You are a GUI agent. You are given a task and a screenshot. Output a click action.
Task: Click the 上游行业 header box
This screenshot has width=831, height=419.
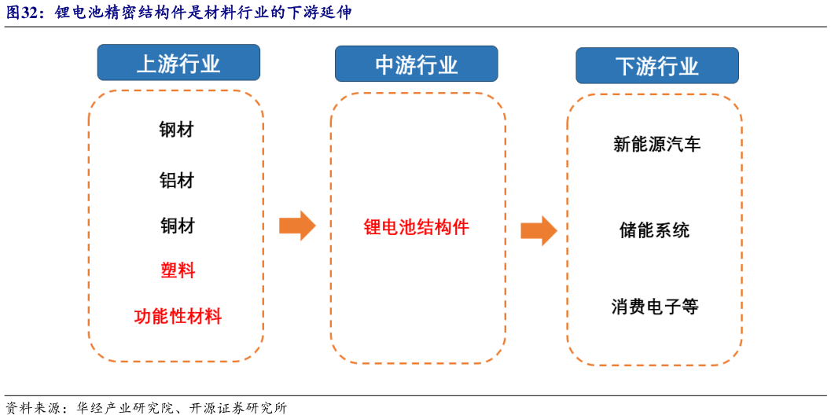coord(178,63)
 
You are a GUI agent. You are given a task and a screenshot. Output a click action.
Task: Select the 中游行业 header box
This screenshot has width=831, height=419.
coord(416,64)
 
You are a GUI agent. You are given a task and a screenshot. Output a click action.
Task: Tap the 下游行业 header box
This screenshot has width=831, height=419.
coord(656,66)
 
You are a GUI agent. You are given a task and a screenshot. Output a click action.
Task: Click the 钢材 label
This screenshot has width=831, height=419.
coord(176,129)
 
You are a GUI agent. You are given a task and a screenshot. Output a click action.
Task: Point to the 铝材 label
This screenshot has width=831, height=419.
coord(176,180)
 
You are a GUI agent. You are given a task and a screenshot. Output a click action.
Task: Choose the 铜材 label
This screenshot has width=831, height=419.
coord(177,226)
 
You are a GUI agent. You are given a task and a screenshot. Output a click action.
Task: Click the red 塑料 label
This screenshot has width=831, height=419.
coord(178,270)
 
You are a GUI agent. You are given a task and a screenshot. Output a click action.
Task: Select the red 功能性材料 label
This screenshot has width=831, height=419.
coord(178,316)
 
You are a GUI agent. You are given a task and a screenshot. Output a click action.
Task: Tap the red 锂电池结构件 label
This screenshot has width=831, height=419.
coord(416,227)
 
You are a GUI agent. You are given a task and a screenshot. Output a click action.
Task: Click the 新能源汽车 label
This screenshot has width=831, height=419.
coord(656,144)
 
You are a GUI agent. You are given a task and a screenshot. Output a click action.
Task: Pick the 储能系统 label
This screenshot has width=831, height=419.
coord(654,230)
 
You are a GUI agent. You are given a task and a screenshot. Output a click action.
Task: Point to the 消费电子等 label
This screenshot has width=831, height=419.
coord(655,306)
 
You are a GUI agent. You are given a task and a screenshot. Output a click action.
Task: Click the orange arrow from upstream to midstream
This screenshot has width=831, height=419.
coord(297,226)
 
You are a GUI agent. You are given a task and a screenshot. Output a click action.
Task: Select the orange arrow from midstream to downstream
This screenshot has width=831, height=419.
coord(539,230)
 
